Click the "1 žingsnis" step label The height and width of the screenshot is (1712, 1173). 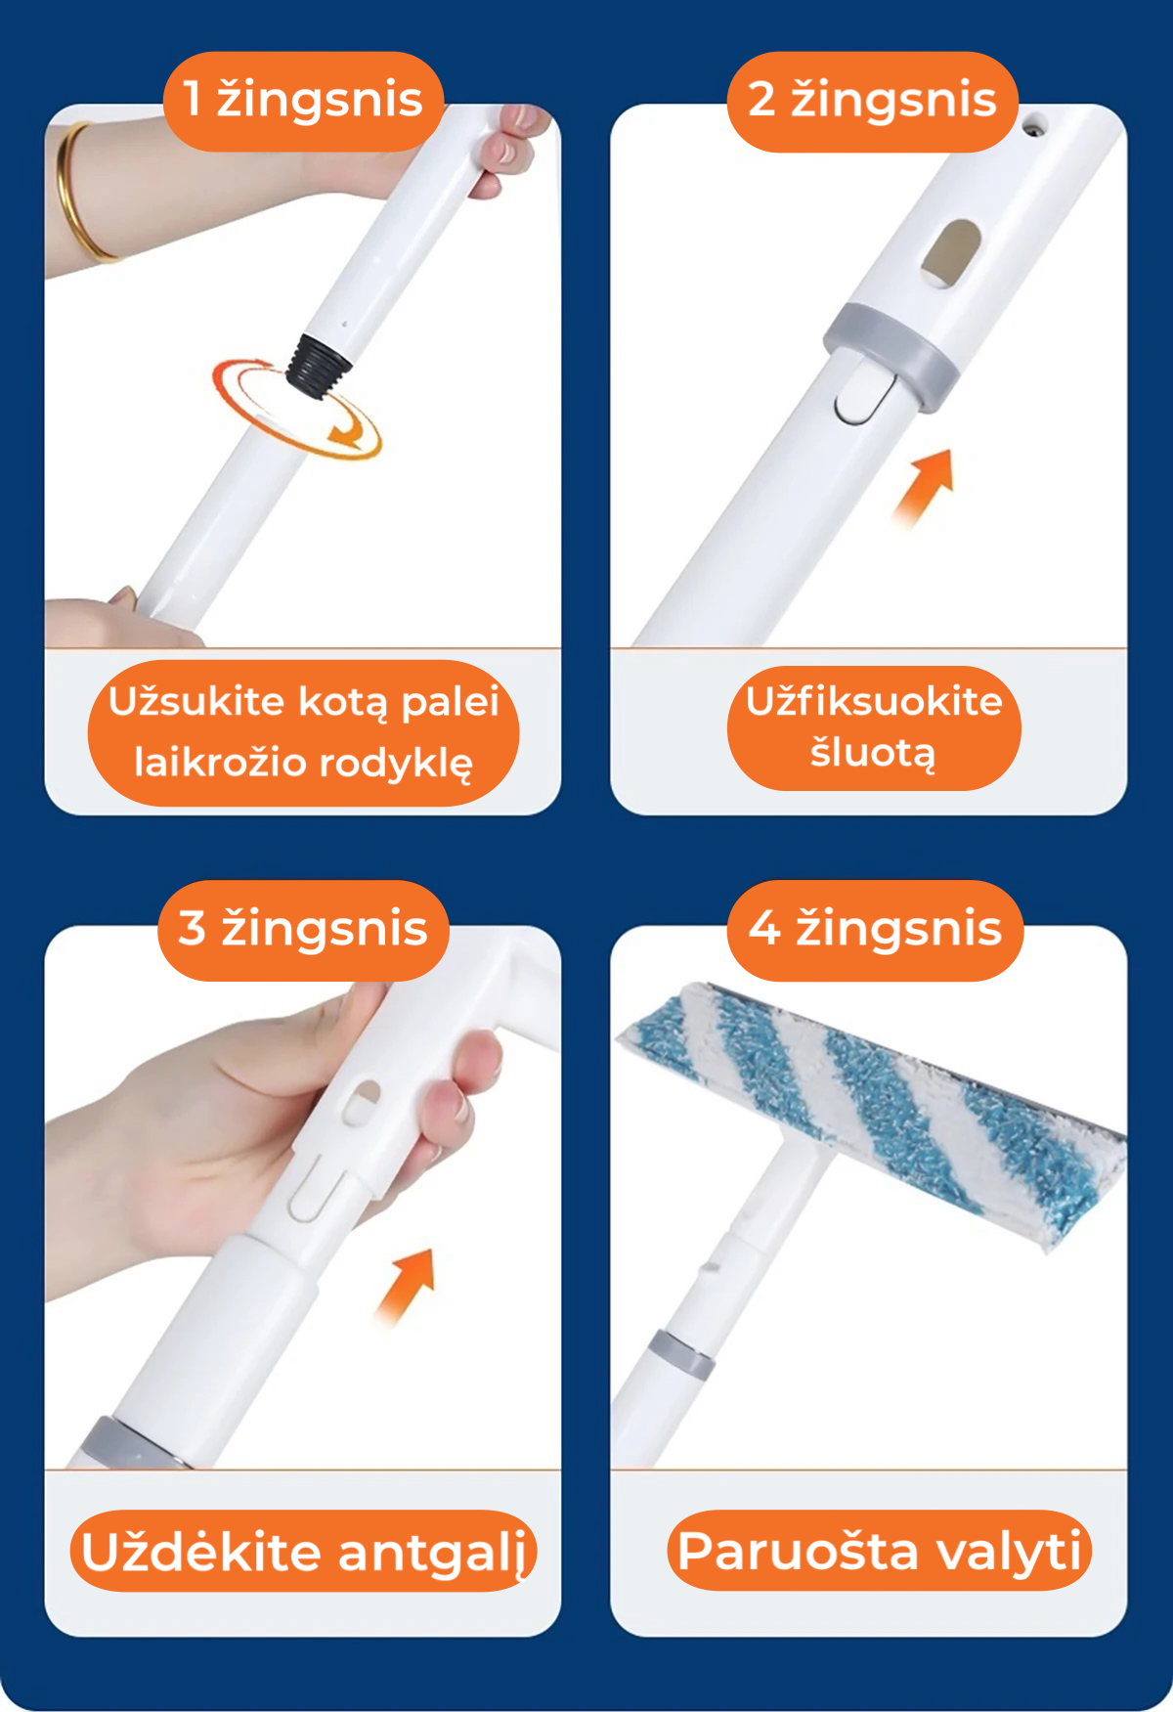point(303,101)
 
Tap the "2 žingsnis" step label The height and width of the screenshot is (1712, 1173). point(872,101)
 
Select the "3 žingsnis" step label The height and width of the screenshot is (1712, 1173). point(303,929)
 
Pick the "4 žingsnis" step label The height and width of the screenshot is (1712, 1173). point(875,929)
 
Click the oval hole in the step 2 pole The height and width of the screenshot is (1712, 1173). point(952,252)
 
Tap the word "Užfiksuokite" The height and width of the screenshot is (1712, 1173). point(874,702)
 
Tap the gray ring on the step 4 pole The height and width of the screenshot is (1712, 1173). point(681,1354)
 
